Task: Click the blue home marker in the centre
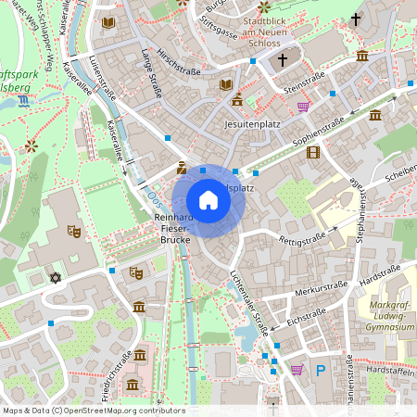(208, 200)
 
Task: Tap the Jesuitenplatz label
(252, 122)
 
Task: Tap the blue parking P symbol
(321, 370)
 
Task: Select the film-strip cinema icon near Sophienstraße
(312, 151)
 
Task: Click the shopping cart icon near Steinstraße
(304, 107)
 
